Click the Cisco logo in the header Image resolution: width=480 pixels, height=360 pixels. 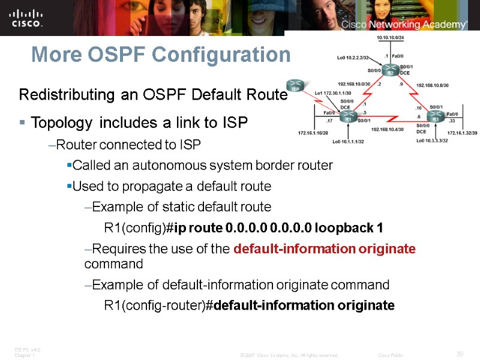[x=26, y=18]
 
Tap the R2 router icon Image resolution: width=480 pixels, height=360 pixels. [x=391, y=71]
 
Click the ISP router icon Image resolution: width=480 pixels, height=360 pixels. [x=295, y=86]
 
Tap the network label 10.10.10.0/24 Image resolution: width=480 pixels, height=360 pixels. [x=391, y=37]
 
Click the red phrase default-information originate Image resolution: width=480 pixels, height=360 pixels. [x=324, y=249]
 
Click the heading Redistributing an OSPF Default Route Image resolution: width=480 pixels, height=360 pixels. [x=150, y=95]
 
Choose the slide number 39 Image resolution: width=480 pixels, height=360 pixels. [x=460, y=353]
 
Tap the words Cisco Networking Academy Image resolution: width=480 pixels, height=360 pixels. [x=404, y=25]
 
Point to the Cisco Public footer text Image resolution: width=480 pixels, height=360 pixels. [x=391, y=355]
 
